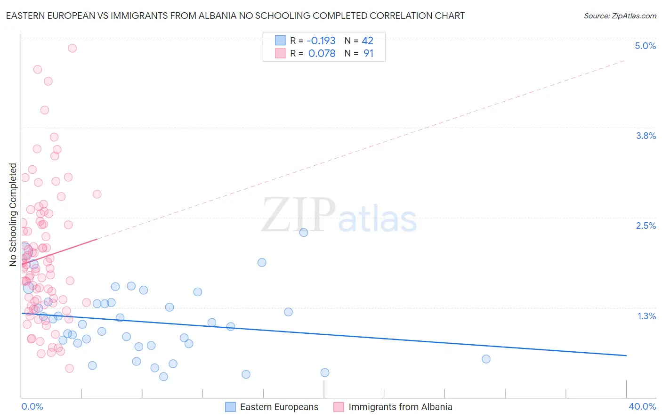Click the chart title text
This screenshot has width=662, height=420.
235,16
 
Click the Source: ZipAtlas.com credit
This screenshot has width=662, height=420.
620,16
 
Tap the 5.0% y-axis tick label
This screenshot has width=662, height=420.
645,46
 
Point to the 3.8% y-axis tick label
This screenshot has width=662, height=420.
646,136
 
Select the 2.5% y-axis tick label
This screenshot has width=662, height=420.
646,226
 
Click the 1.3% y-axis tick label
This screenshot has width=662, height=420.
646,316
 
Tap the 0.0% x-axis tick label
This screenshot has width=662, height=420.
32,406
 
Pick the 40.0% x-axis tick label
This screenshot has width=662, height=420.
642,406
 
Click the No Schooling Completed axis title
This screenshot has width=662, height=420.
13,215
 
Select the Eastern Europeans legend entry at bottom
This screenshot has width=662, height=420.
279,407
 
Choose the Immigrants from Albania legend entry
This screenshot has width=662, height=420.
400,407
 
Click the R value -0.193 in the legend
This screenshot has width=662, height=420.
321,41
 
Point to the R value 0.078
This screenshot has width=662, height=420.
322,54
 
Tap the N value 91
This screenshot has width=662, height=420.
368,54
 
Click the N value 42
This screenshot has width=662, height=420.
367,41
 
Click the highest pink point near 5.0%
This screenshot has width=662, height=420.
72,48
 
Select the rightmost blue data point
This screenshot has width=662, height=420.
486,359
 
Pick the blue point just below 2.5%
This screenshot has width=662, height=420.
304,232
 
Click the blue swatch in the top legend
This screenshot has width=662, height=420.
280,40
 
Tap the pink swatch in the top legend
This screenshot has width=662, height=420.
280,53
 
